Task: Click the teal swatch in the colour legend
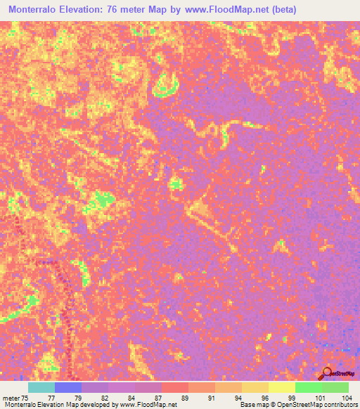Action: click(x=41, y=387)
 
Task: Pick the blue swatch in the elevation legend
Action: click(x=68, y=387)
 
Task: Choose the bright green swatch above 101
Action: click(x=308, y=387)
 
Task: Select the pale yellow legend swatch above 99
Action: click(x=281, y=387)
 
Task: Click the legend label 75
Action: click(x=25, y=398)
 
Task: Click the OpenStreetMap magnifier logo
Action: click(x=327, y=372)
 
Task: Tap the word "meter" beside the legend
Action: click(x=11, y=398)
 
